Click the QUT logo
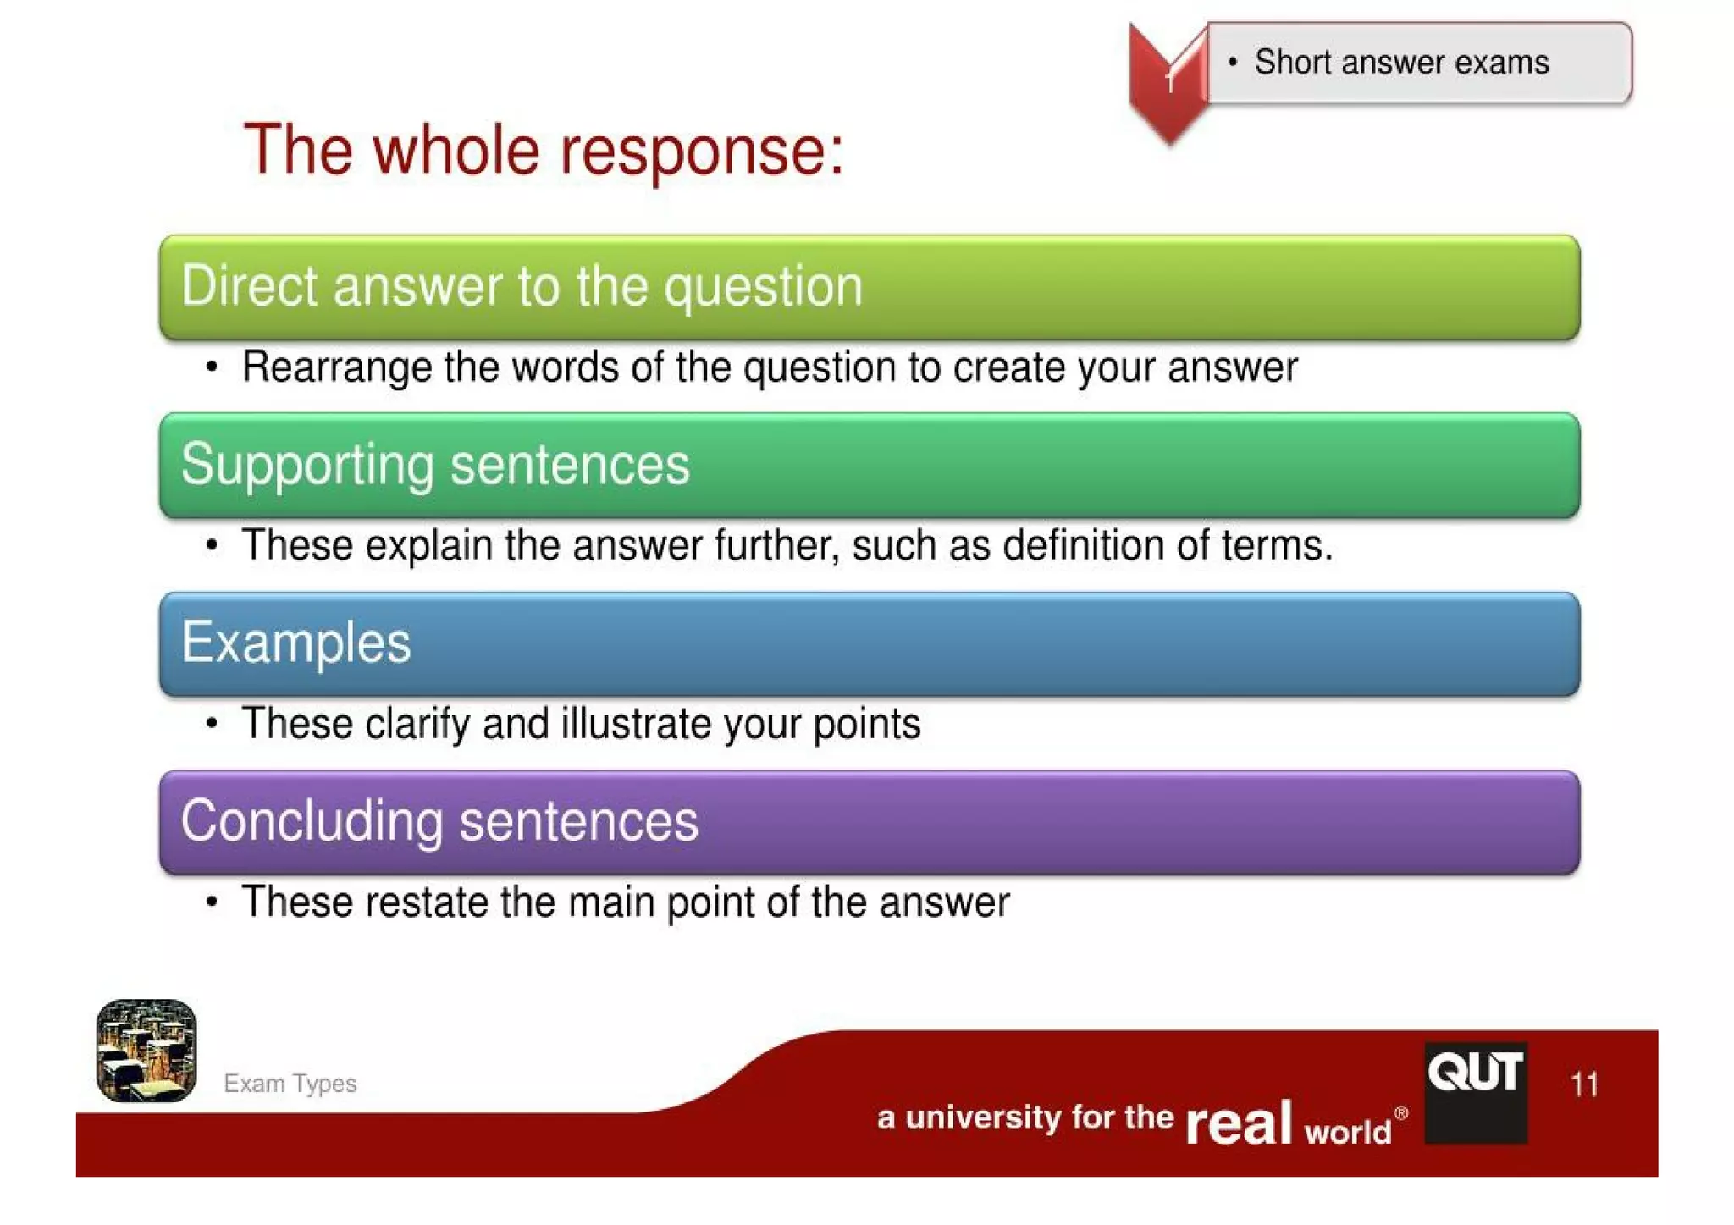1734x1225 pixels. pyautogui.click(x=1476, y=1092)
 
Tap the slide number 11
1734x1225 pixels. pyautogui.click(x=1584, y=1084)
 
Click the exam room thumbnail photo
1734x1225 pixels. pyautogui.click(x=146, y=1051)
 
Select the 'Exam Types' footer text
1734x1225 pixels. pyautogui.click(x=290, y=1084)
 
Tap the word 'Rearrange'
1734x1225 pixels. pyautogui.click(x=336, y=367)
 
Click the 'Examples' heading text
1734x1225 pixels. pyautogui.click(x=295, y=643)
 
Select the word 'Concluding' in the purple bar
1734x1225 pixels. pyautogui.click(x=312, y=821)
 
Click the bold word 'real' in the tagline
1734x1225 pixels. pyautogui.click(x=1238, y=1123)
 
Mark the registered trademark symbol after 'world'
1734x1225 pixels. pyautogui.click(x=1401, y=1113)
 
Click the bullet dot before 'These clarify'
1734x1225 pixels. pyautogui.click(x=212, y=724)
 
